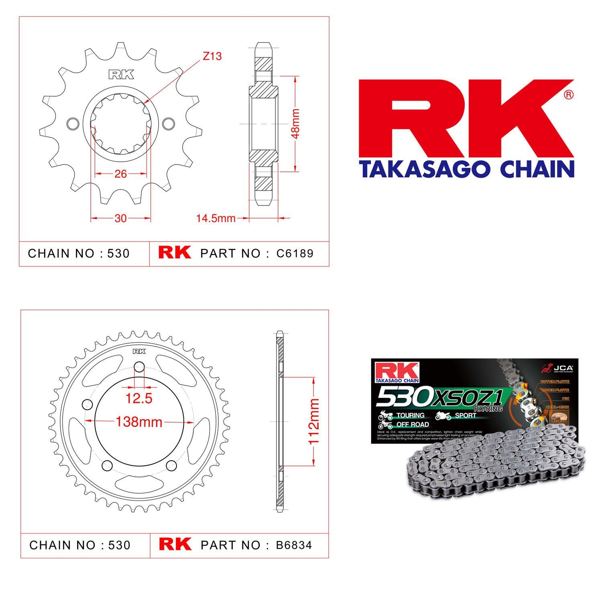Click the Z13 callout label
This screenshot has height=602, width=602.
212,56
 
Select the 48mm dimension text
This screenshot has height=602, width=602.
295,123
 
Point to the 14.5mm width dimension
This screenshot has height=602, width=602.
216,218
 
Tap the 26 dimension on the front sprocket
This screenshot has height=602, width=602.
120,174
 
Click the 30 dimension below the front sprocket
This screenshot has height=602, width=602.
120,218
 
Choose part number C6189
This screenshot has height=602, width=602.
295,254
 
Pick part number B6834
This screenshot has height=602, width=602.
294,545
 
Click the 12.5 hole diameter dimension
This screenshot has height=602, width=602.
139,399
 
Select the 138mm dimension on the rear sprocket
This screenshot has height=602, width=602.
139,422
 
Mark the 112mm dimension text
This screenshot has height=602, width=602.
313,421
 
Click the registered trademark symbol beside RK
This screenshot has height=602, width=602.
569,95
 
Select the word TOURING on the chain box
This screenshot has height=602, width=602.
410,415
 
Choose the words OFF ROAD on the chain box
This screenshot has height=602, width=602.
412,425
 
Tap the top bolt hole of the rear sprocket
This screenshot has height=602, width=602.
139,366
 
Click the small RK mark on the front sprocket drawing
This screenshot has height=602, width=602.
120,75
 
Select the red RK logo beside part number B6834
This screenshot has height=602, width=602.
175,544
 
